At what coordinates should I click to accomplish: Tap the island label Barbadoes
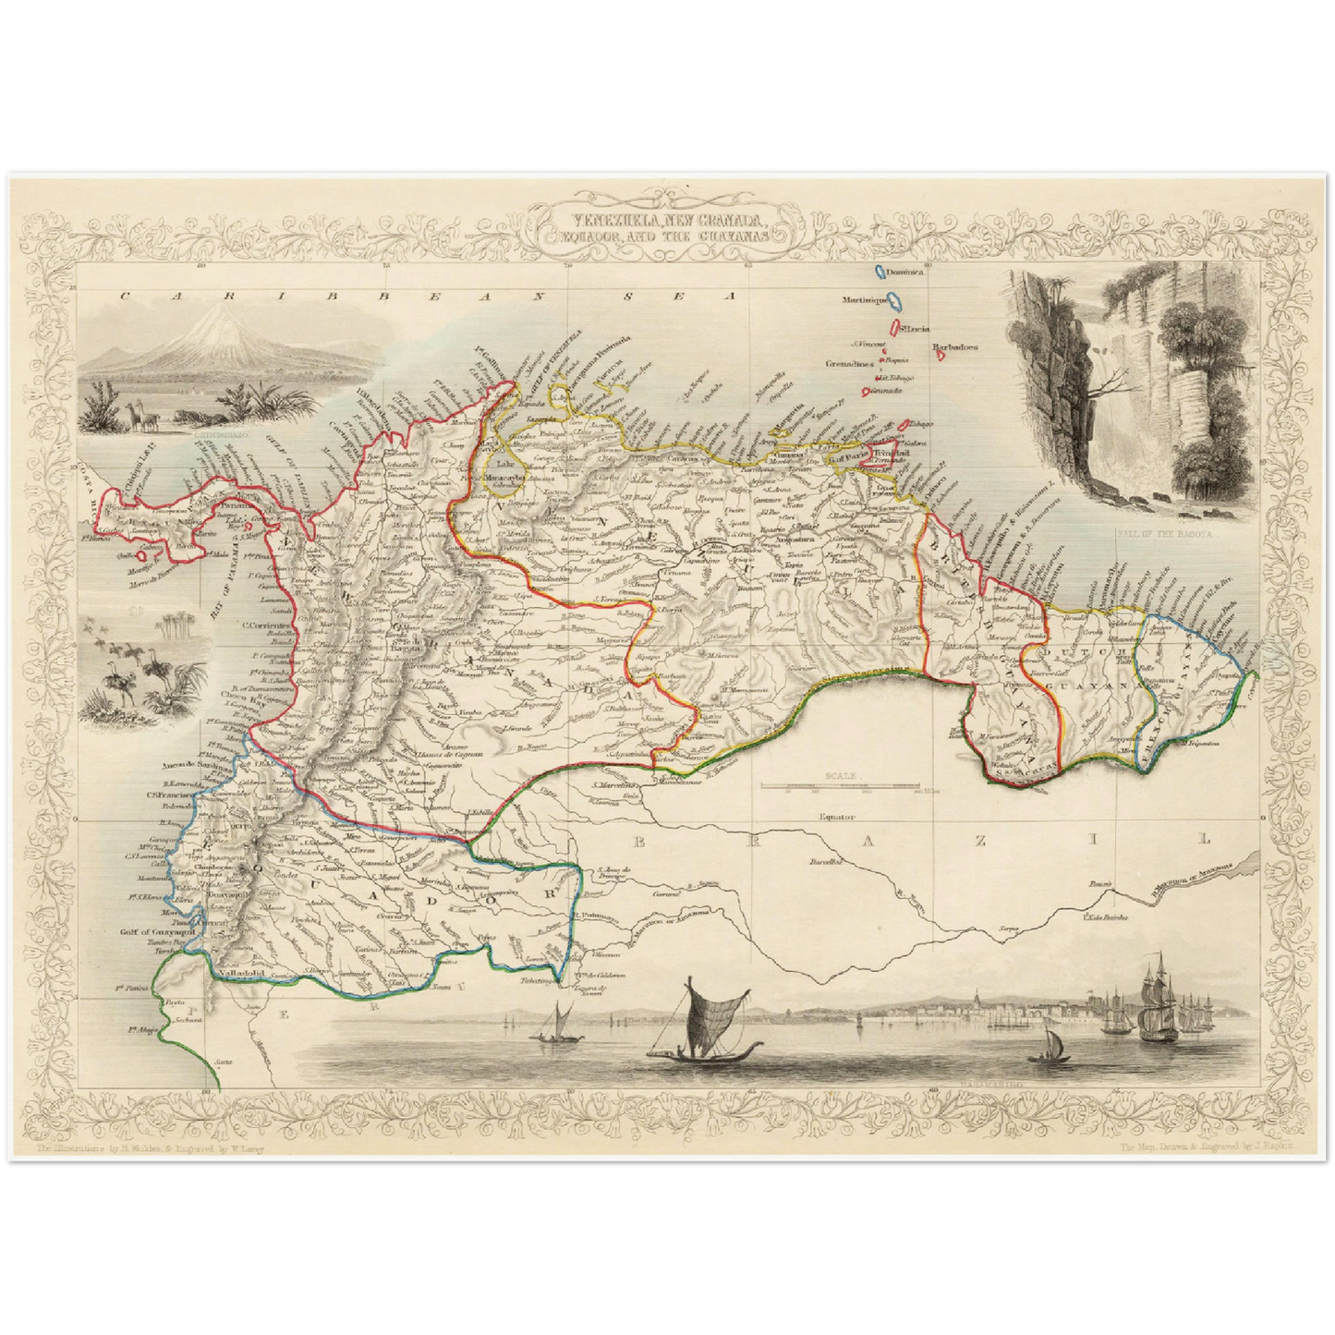tap(954, 349)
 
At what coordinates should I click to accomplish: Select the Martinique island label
tap(865, 301)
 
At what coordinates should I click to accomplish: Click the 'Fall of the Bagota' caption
tap(1156, 534)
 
